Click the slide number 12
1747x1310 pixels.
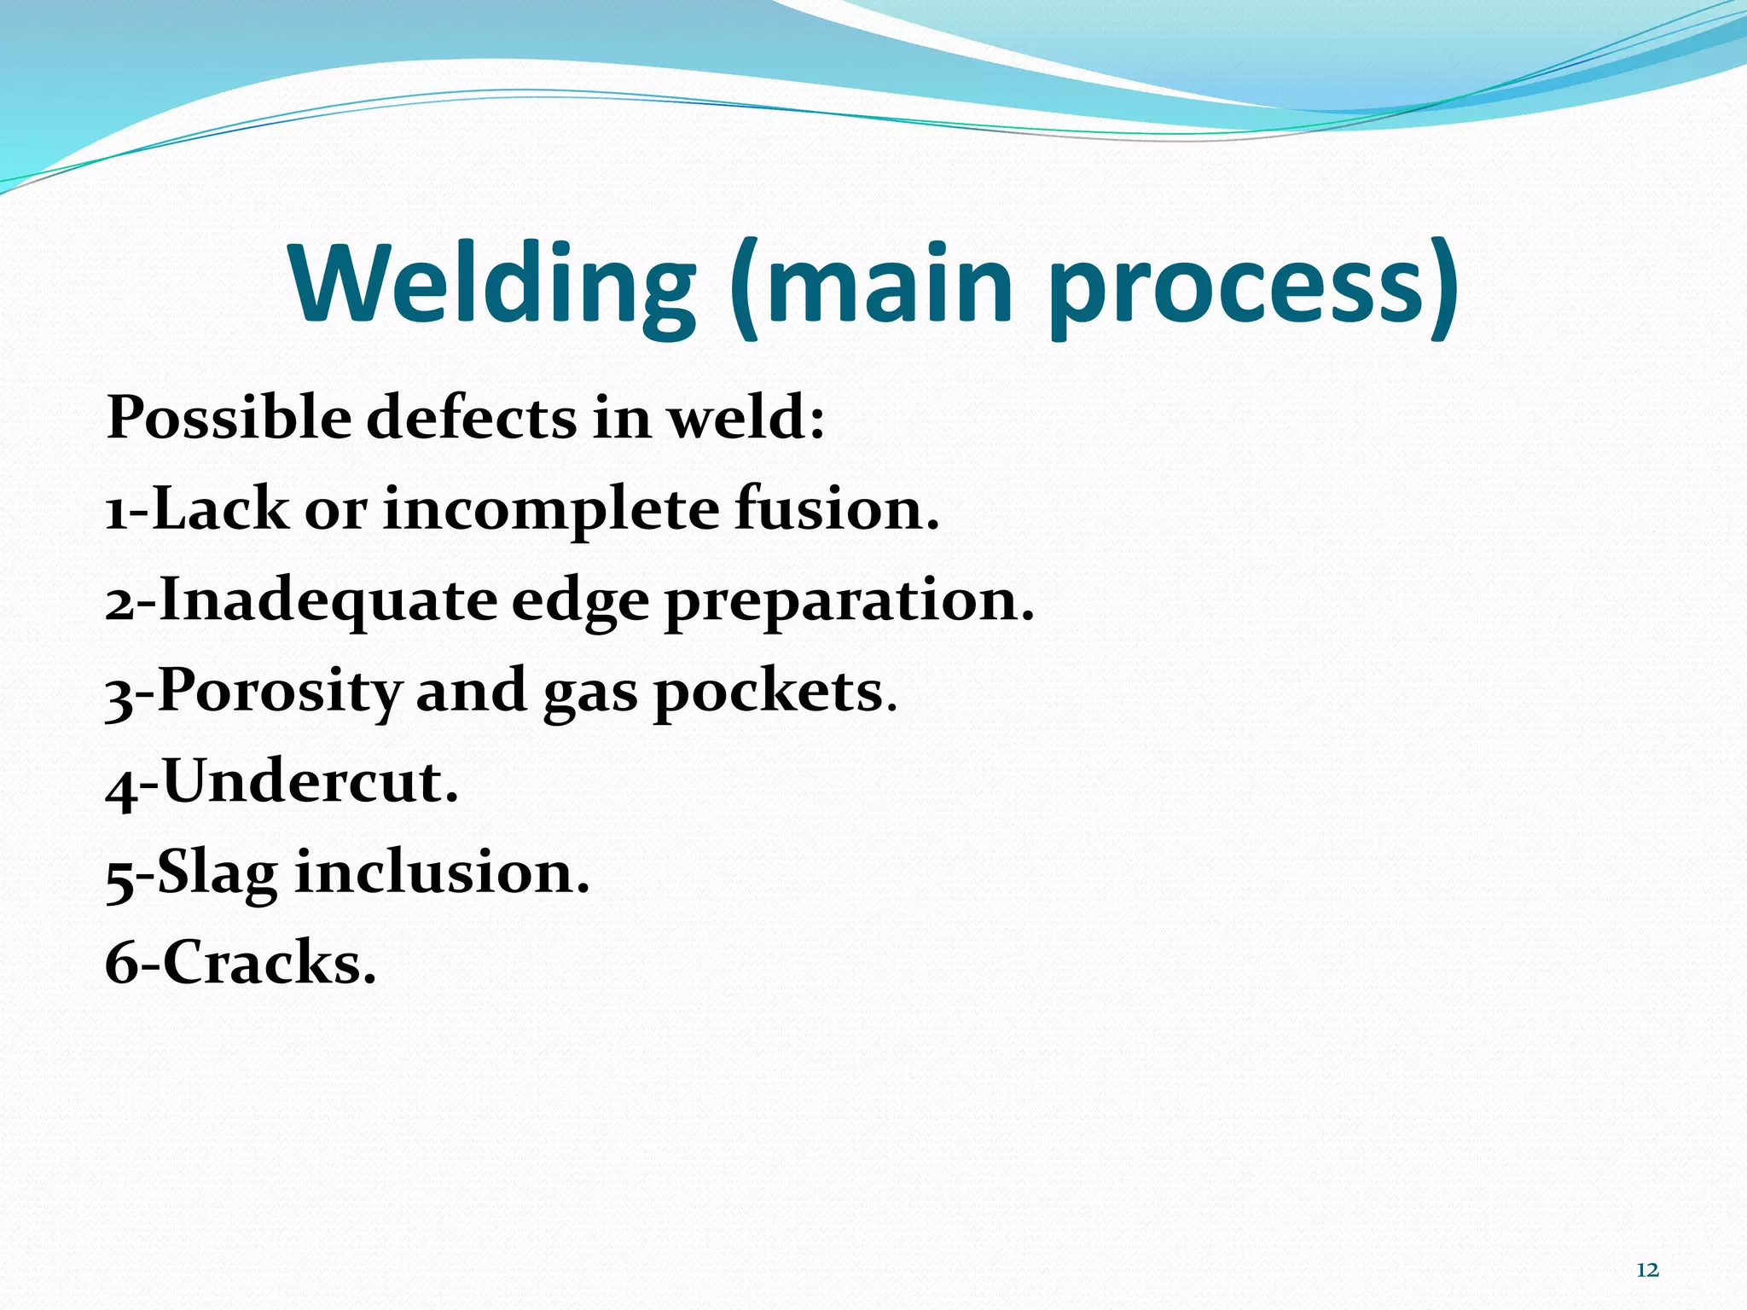[x=1647, y=1270]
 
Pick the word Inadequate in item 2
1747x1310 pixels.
[x=328, y=602]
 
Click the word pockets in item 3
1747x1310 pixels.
[x=768, y=693]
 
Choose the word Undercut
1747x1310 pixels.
[x=310, y=782]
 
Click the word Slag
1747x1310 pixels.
[x=218, y=874]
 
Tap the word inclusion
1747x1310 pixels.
[x=442, y=873]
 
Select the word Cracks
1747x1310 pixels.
[x=269, y=964]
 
